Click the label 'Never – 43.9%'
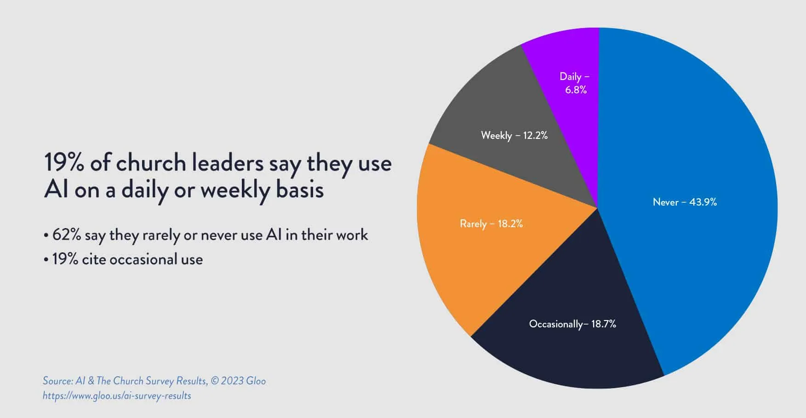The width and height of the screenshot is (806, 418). (x=685, y=202)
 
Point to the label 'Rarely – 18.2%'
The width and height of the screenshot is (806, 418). (x=491, y=224)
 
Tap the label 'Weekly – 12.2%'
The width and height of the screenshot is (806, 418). (x=514, y=135)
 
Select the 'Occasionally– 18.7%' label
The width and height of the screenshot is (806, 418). (x=572, y=324)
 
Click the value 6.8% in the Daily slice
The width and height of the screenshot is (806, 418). (x=576, y=90)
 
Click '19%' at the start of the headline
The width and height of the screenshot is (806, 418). (x=63, y=163)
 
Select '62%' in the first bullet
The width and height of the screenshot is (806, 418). (x=67, y=235)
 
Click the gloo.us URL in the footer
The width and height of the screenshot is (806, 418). (x=117, y=395)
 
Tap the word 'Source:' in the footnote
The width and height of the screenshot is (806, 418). (x=57, y=381)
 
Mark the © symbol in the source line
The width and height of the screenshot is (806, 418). (x=214, y=381)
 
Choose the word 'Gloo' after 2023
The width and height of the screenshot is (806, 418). (x=256, y=381)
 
